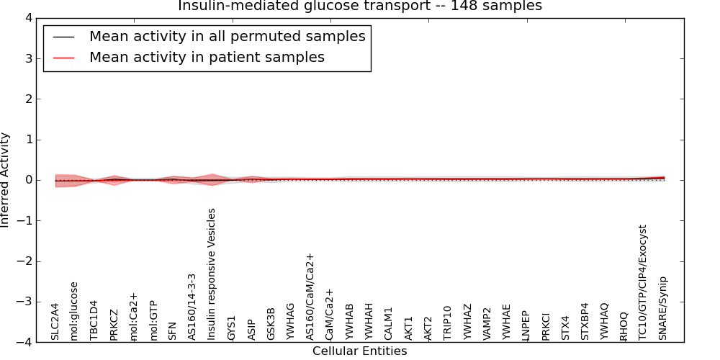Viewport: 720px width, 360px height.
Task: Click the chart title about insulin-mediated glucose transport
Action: (359, 6)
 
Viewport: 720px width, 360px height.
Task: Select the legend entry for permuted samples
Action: (227, 36)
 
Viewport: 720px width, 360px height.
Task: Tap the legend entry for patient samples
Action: (207, 57)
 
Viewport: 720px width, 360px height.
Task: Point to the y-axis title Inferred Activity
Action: (6, 180)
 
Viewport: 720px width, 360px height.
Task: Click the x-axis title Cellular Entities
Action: (359, 351)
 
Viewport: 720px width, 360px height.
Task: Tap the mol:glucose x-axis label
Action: (74, 310)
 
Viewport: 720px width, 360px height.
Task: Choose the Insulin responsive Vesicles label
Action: (212, 274)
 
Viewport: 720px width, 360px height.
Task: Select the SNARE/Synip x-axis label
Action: (663, 308)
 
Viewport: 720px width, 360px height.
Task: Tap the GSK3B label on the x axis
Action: (271, 324)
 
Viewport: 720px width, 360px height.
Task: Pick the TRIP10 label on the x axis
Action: (448, 323)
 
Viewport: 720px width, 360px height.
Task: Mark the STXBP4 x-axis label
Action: (585, 321)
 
